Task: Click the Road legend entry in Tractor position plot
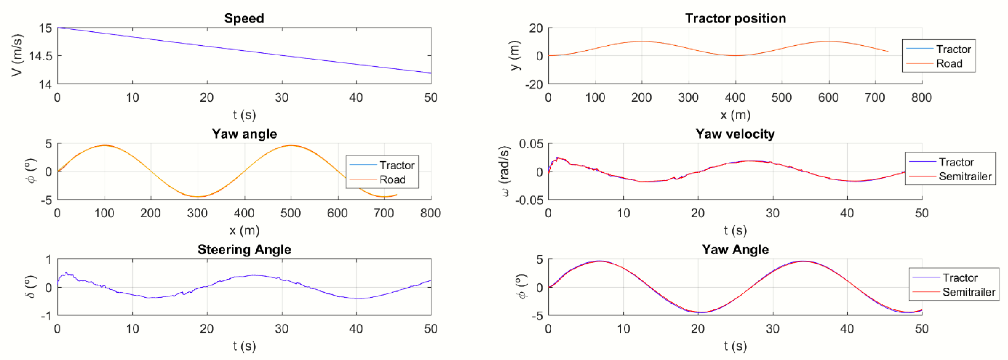click(949, 63)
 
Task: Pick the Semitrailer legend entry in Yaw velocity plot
click(965, 176)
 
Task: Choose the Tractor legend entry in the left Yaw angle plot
click(396, 165)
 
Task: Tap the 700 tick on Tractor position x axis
click(875, 98)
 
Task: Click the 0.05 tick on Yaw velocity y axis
click(531, 144)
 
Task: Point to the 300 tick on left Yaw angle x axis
click(197, 213)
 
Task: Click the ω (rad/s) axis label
click(505, 171)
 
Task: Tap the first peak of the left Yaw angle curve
click(105, 145)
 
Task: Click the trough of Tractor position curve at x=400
click(735, 56)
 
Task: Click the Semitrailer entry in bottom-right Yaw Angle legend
click(969, 292)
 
